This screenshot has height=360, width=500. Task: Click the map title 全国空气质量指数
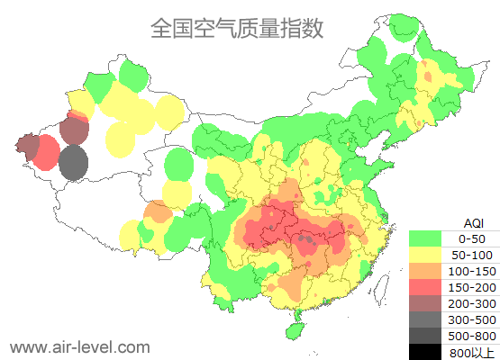[237, 28]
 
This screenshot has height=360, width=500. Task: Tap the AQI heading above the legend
[472, 222]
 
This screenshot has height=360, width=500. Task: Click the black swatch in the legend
[429, 352]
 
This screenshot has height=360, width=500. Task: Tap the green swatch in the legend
[429, 238]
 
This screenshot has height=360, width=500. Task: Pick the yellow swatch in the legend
[429, 255]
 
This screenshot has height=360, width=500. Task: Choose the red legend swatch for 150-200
[429, 287]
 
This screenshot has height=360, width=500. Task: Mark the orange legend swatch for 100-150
[429, 271]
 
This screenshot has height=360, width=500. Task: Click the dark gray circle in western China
[75, 165]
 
